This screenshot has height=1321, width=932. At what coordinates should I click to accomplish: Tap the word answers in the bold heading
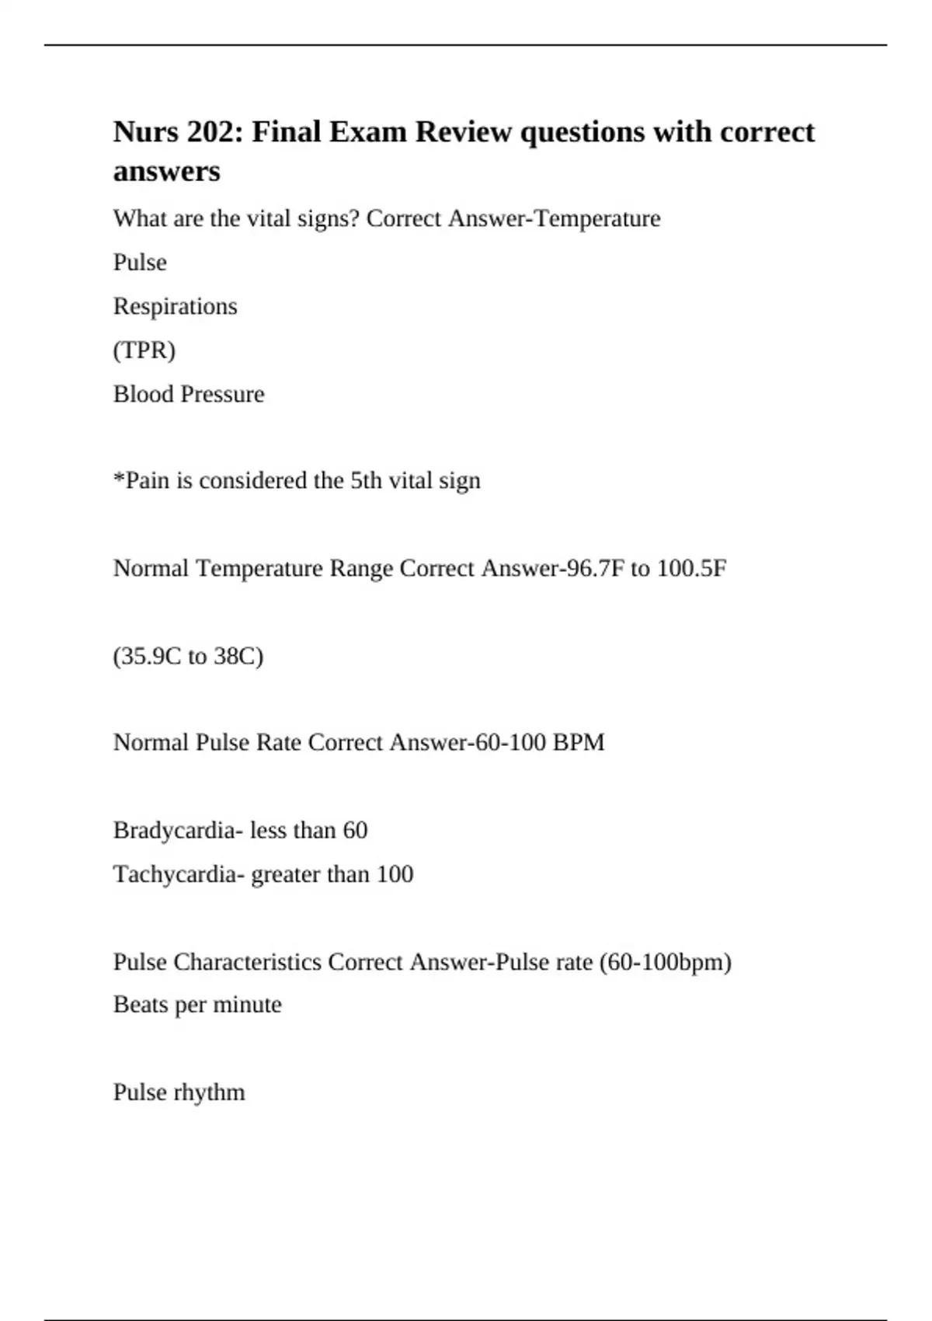[166, 171]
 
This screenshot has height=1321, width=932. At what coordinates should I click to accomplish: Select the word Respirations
[175, 306]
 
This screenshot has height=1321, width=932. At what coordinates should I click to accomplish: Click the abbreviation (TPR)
[144, 350]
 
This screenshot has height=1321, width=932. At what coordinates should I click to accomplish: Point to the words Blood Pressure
[189, 394]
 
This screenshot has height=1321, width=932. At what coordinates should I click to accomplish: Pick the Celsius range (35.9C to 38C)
[189, 657]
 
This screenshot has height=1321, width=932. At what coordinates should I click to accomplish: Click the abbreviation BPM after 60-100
[578, 742]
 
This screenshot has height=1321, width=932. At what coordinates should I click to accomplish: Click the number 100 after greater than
[395, 874]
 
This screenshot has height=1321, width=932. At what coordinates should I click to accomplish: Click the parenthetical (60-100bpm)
[666, 962]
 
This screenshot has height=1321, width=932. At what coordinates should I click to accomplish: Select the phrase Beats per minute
[197, 1005]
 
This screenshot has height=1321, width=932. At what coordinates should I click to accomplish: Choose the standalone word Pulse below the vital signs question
[140, 263]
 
